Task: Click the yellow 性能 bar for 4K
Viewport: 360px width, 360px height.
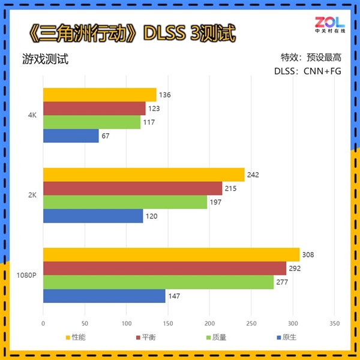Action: click(100, 95)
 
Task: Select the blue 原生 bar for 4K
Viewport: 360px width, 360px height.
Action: click(71, 136)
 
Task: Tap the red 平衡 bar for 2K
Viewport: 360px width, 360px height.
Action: click(133, 188)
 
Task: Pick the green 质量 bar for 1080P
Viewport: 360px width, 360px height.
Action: click(158, 282)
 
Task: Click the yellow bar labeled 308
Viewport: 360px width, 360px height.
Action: click(171, 254)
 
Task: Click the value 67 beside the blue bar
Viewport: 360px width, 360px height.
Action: click(106, 136)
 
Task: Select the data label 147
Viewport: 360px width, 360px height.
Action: click(173, 296)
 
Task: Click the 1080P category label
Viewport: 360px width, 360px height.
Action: click(28, 275)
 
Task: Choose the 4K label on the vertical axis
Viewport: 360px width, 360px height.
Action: click(33, 115)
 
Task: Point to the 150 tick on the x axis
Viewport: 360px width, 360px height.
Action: click(168, 323)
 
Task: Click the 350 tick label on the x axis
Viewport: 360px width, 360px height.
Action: click(335, 323)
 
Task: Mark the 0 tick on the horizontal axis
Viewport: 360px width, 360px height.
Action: click(43, 323)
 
